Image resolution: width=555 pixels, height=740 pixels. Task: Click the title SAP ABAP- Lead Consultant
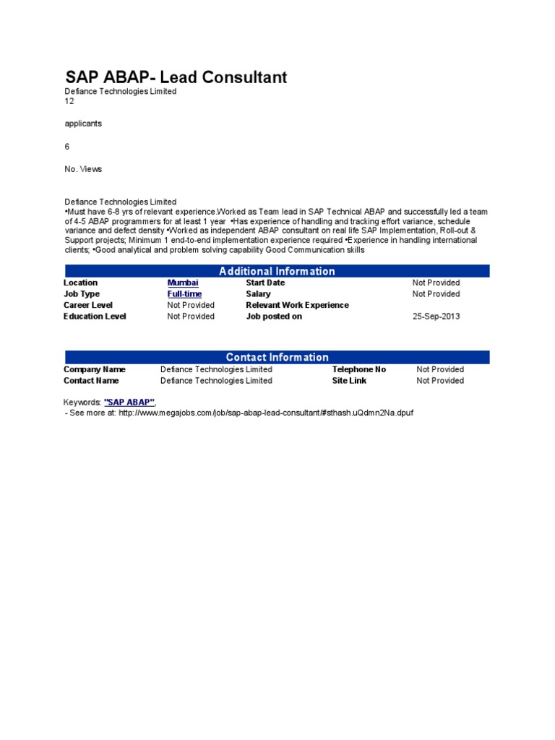point(176,77)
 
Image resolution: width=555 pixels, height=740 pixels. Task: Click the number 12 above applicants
point(69,102)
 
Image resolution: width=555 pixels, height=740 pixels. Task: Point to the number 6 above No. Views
point(67,147)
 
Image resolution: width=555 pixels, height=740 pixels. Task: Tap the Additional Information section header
point(277,271)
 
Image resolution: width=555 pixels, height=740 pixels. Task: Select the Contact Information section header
point(277,357)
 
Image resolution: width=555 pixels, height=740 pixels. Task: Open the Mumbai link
point(183,283)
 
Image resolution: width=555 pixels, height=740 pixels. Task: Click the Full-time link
point(184,294)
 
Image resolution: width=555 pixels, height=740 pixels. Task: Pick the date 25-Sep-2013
point(436,317)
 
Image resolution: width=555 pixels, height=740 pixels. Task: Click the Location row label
point(80,283)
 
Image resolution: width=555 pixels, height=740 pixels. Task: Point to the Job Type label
point(82,294)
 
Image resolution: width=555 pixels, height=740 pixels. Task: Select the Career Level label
point(89,305)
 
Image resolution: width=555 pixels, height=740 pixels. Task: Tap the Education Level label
point(95,317)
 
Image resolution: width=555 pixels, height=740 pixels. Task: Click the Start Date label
point(265,283)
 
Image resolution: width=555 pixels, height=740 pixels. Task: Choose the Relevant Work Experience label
point(297,305)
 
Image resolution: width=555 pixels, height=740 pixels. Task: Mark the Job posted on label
point(274,317)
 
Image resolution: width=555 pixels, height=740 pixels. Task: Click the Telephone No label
point(359,369)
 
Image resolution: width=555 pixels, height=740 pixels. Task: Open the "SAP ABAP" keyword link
point(129,401)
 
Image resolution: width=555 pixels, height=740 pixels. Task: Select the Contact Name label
point(91,381)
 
